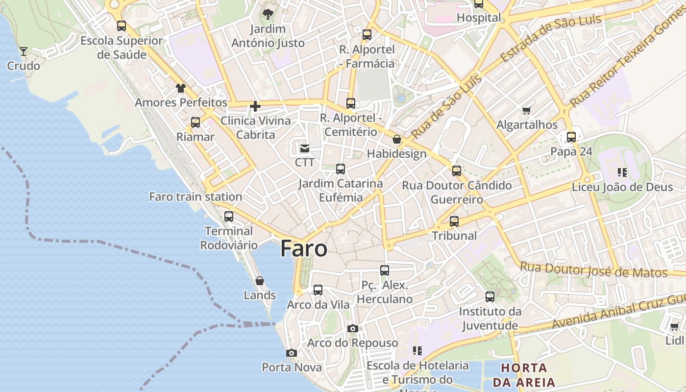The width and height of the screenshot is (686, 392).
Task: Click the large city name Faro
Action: [x=304, y=249]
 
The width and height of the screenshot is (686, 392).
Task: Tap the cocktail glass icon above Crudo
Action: [x=23, y=51]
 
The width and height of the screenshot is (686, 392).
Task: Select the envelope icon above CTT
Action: [x=305, y=148]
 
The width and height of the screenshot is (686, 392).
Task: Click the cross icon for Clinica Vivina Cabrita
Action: [x=255, y=106]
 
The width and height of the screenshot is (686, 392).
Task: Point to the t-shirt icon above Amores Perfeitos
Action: [x=181, y=88]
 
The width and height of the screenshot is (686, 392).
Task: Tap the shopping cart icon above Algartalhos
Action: [x=527, y=111]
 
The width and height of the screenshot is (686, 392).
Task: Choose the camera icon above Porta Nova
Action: [x=292, y=353]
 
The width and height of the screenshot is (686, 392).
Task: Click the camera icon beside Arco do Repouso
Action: [x=352, y=328]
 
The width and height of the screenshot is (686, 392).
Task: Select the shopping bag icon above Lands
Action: [x=260, y=281]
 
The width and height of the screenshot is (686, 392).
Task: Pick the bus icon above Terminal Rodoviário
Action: [x=229, y=216]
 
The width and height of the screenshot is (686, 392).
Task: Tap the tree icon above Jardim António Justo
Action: [x=268, y=14]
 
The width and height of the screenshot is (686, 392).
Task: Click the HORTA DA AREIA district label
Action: [x=524, y=375]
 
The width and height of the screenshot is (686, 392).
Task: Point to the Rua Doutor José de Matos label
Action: [x=593, y=270]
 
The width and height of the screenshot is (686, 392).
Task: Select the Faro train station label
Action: [x=196, y=196]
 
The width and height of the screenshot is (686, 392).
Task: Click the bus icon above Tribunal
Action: [x=454, y=221]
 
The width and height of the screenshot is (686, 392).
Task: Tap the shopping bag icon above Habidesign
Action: [x=397, y=140]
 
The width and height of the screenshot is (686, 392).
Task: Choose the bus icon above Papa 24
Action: [x=571, y=137]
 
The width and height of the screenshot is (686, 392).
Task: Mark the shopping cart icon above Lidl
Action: [x=674, y=326]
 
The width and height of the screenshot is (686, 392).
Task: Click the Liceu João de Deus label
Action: [x=615, y=187]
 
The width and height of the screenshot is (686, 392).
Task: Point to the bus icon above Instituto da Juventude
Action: [x=490, y=296]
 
